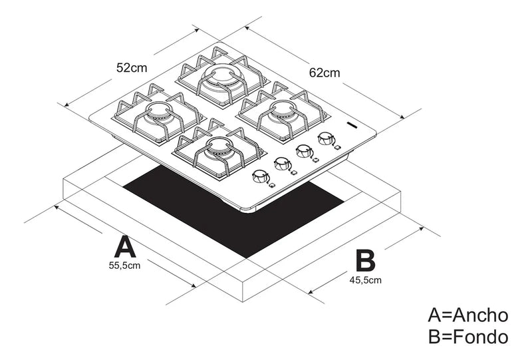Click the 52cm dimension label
click(x=131, y=67)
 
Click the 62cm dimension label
click(x=324, y=71)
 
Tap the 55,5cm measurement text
click(x=124, y=266)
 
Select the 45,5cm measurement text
click(x=365, y=279)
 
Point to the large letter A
click(x=125, y=246)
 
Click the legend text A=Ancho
click(x=468, y=315)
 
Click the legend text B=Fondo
click(x=468, y=336)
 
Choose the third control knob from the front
click(x=304, y=150)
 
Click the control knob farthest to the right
click(x=326, y=138)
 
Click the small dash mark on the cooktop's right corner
click(x=352, y=124)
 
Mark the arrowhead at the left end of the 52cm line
click(x=67, y=104)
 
